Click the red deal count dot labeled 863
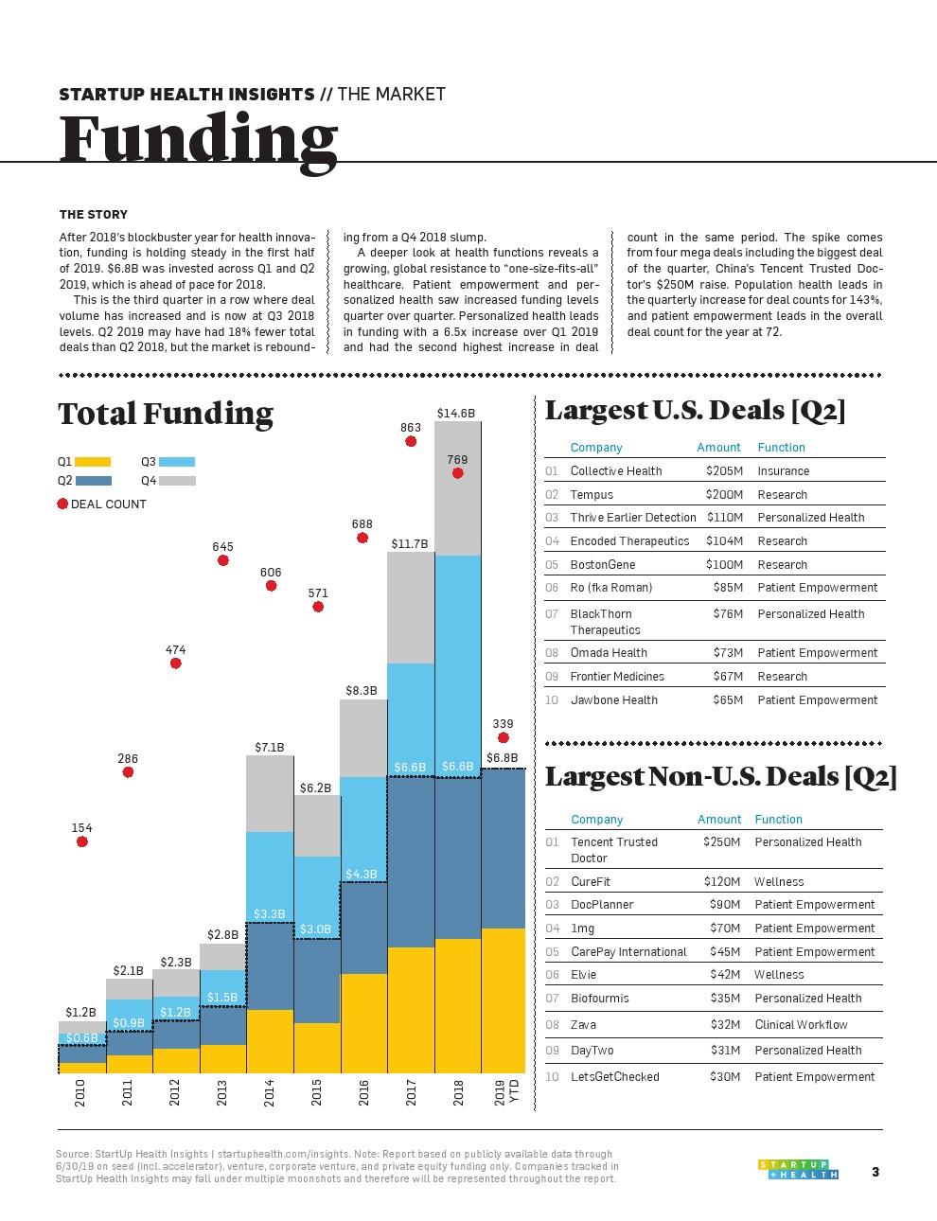click(411, 441)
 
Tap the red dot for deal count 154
click(82, 841)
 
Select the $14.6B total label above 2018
click(456, 413)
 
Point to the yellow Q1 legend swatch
click(93, 462)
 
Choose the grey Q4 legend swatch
click(177, 481)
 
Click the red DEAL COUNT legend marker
click(62, 504)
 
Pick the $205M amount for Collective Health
click(724, 470)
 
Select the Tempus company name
click(592, 494)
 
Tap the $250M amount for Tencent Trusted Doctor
click(721, 841)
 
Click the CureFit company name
click(591, 881)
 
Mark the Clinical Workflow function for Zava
click(801, 1024)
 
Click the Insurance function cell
click(784, 470)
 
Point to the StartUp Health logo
click(798, 1170)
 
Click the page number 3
click(875, 1172)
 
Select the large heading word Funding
click(199, 140)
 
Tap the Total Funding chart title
click(166, 414)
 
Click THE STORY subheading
click(94, 214)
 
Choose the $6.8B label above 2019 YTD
click(502, 758)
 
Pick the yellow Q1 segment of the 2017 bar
click(411, 1010)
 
